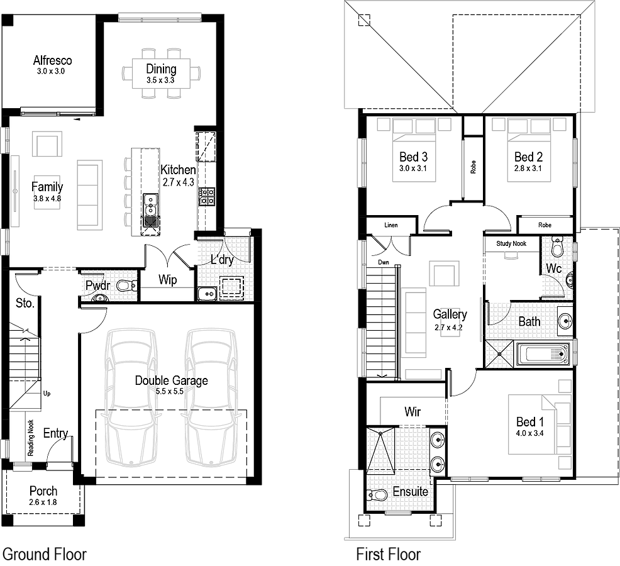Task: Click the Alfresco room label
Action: coord(53,60)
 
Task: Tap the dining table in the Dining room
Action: coord(161,74)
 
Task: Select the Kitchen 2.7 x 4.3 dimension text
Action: coord(179,182)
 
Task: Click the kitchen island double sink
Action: coord(150,209)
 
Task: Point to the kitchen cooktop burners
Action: coord(207,197)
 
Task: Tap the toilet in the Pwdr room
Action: coord(128,285)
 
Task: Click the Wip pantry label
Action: coord(168,280)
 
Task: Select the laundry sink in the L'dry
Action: coord(208,294)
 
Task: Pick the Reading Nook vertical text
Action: coord(30,438)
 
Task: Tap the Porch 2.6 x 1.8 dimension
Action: coord(43,502)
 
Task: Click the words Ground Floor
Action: coord(44,554)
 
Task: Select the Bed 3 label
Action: coord(413,157)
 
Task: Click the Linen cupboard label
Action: coord(391,225)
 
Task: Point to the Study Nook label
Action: coord(511,243)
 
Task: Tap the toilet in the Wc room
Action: coord(558,247)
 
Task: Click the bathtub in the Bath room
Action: coord(543,354)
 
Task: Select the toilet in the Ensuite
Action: coord(377,495)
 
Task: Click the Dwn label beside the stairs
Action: coord(383,262)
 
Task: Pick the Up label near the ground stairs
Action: coord(47,394)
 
